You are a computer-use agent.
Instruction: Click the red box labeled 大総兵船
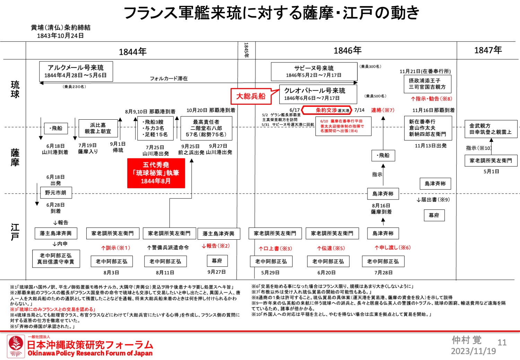coord(251,96)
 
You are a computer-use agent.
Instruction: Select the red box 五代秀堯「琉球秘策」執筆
coord(156,173)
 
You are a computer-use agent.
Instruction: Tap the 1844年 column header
coord(132,52)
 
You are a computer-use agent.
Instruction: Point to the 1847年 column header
coord(488,50)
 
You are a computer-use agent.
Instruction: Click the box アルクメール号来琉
coord(76,71)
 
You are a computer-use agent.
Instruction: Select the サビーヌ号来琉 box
coord(314,71)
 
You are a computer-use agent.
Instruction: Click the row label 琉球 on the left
coord(15,89)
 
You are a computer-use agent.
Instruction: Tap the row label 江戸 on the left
coord(15,232)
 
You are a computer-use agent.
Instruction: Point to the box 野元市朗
coord(55,192)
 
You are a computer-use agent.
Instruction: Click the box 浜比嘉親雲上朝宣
coord(98,128)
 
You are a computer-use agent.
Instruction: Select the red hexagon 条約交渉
coord(327,110)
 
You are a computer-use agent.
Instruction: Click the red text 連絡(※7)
coord(383,110)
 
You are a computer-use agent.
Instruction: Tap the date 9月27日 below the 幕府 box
coord(217,272)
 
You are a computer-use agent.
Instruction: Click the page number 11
coord(502,343)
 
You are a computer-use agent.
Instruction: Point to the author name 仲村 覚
coord(467,340)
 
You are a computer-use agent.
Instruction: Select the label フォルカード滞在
coord(169,79)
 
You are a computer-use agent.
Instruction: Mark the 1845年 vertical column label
coord(246,50)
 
